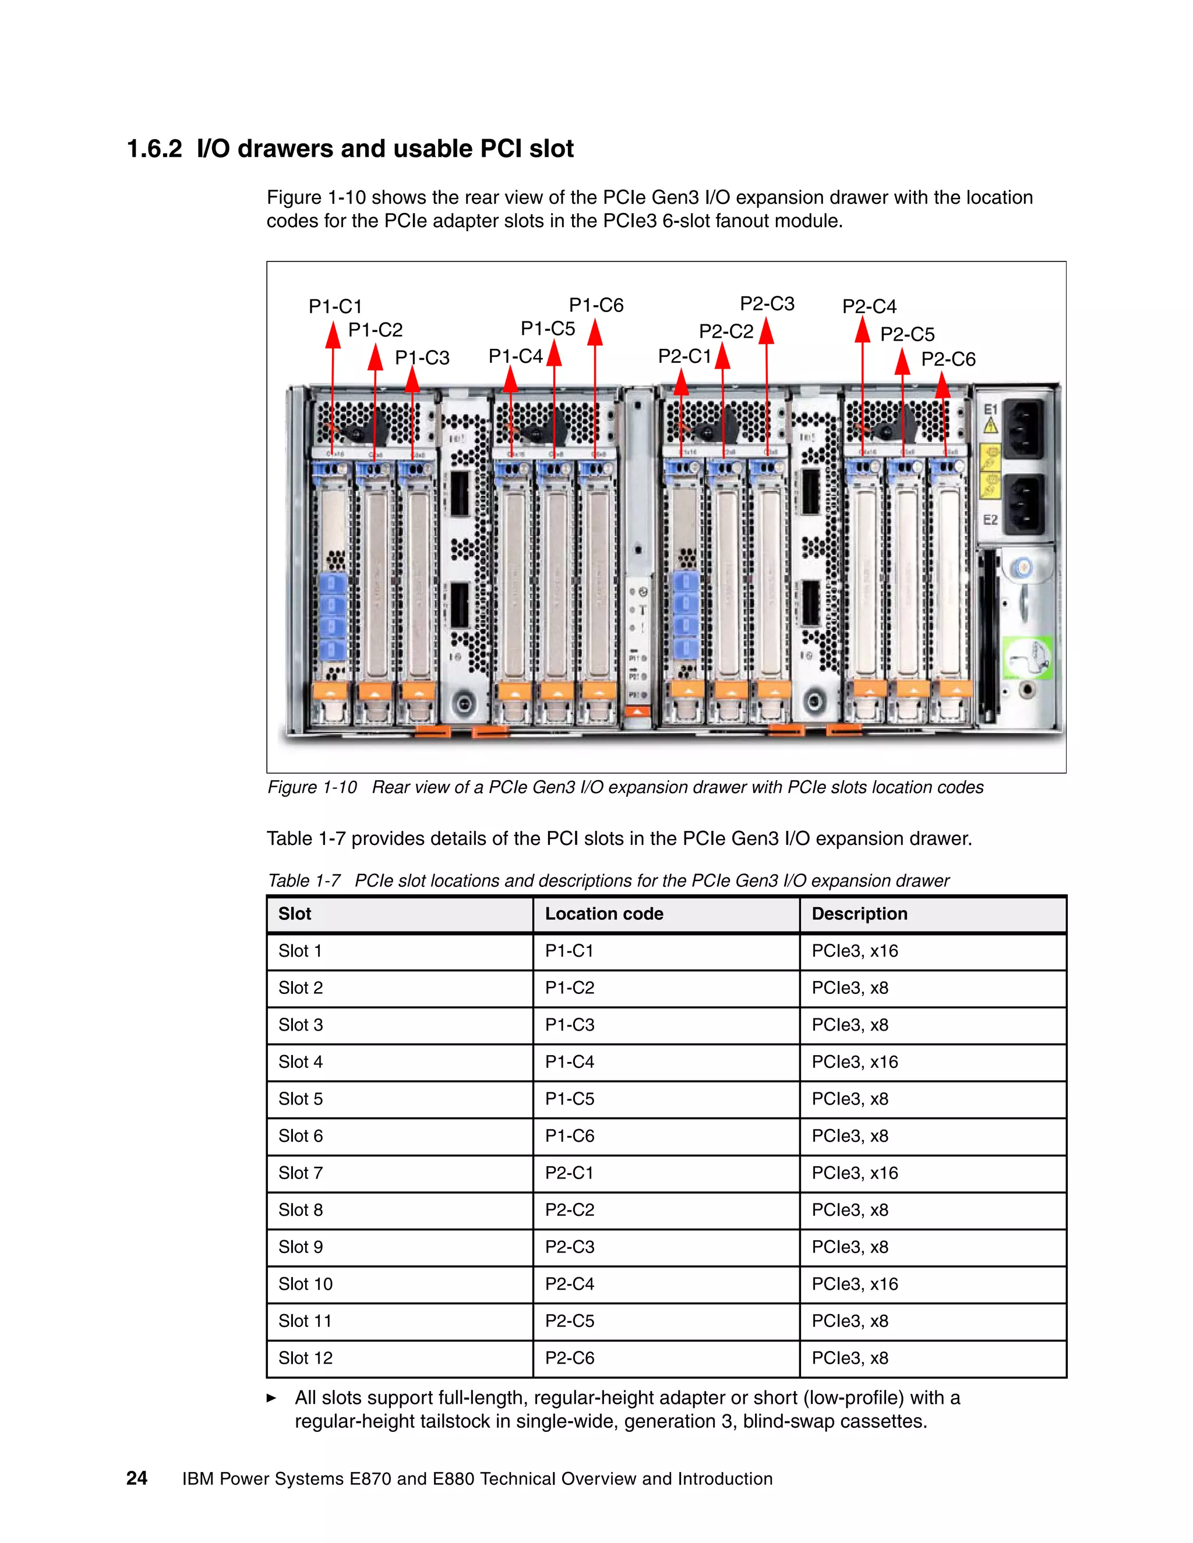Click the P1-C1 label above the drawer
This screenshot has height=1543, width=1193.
coord(335,307)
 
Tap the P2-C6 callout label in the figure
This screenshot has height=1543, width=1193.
coord(948,360)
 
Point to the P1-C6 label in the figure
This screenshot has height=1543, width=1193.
coord(596,305)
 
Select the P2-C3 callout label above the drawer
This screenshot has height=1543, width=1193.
coord(767,304)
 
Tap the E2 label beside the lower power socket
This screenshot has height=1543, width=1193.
coord(990,520)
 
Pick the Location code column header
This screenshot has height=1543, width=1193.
coord(603,914)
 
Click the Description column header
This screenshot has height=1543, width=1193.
coord(859,914)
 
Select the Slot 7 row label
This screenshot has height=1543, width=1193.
coord(301,1173)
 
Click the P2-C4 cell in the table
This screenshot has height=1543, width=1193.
coord(569,1284)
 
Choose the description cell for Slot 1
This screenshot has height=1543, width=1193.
coord(855,951)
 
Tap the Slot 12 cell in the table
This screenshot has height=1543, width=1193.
coord(305,1358)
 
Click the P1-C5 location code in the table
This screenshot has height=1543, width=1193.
coord(569,1099)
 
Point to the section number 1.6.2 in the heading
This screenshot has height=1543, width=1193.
coord(154,149)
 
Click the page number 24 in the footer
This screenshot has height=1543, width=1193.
coord(136,1479)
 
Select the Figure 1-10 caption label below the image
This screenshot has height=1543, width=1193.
coord(312,787)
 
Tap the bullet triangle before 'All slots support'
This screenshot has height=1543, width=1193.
coord(271,1397)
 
